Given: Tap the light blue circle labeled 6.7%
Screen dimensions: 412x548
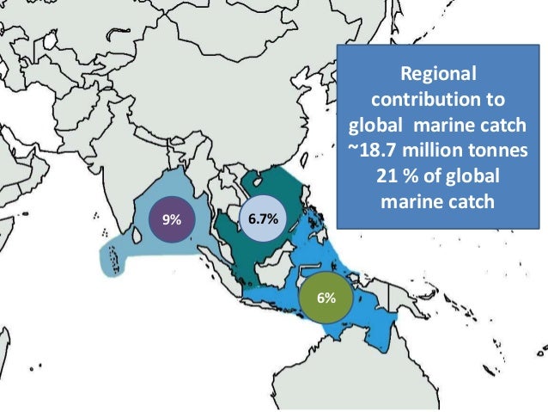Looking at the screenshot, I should point(262,219).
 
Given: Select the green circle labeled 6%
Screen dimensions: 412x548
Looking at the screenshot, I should point(326,297).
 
